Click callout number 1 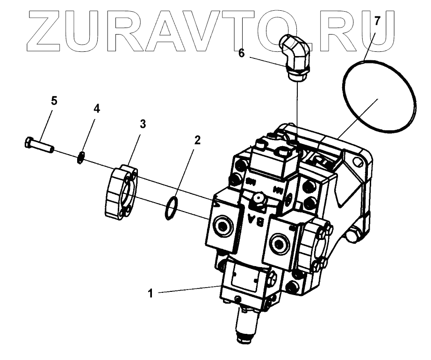(x=150, y=294)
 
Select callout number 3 (x=143, y=124)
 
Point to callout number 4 (x=96, y=109)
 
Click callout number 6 (x=241, y=53)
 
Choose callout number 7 (x=377, y=21)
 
